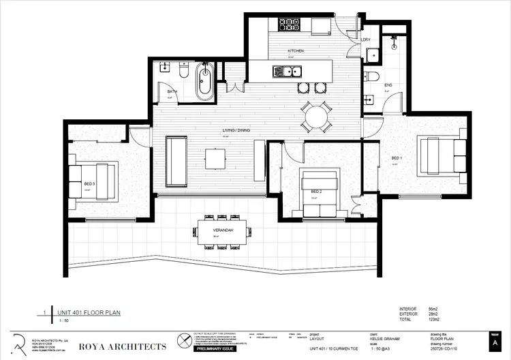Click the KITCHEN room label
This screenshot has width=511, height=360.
pos(295,51)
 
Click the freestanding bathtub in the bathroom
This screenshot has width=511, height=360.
pos(204,82)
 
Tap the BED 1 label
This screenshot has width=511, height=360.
pos(397,158)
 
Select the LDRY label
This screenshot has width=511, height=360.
pos(366,40)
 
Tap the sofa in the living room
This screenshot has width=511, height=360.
pos(177,161)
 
